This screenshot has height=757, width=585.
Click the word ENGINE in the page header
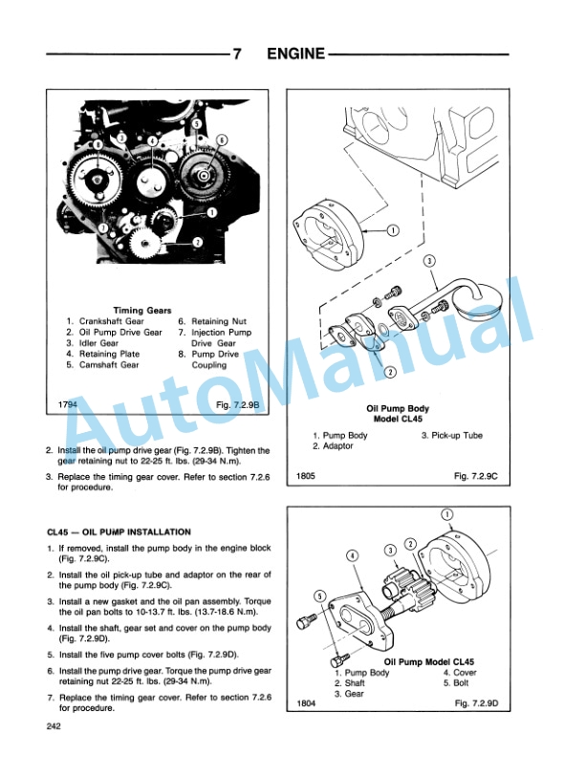click(x=296, y=54)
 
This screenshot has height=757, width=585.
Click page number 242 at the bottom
click(x=54, y=725)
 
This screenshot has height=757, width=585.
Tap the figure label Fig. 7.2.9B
click(x=237, y=404)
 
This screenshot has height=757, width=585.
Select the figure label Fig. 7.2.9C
click(x=475, y=476)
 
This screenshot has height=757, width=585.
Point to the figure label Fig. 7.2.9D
click(x=476, y=703)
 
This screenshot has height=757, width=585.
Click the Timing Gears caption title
click(x=142, y=311)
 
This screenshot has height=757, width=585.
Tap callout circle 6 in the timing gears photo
click(x=222, y=140)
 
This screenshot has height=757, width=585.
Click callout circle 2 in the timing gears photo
click(x=198, y=242)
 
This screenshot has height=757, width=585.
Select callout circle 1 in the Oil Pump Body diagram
click(x=394, y=230)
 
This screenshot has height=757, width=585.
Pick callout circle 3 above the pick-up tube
click(x=429, y=261)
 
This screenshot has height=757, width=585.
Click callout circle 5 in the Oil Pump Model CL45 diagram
click(x=320, y=596)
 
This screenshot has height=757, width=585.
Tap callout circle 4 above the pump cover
click(x=353, y=555)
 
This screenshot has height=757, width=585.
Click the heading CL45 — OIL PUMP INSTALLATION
click(x=119, y=532)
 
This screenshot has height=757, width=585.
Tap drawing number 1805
click(x=306, y=476)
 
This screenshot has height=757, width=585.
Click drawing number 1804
click(x=306, y=703)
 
